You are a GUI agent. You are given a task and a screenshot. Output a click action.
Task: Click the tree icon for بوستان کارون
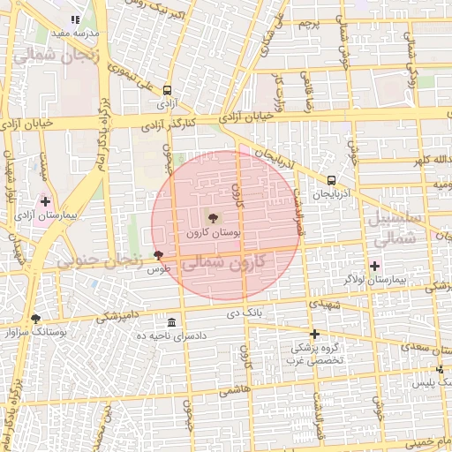[x=212, y=217]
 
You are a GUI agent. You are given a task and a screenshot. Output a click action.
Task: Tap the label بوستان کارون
[x=211, y=233]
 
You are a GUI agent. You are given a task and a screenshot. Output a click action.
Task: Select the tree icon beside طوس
[x=158, y=255]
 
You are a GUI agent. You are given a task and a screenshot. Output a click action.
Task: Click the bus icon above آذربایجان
[x=331, y=180]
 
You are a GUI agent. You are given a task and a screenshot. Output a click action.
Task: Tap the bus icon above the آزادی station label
[x=168, y=89]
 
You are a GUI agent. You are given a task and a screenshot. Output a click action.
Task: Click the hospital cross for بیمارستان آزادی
[x=45, y=202]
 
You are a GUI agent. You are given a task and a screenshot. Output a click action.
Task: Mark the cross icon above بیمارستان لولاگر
[x=374, y=265]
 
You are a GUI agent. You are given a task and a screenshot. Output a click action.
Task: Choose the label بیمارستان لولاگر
[x=374, y=279]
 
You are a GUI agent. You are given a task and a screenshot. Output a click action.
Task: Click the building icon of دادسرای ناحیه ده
[x=171, y=322]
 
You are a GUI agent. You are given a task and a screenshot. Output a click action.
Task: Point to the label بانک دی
[x=246, y=313]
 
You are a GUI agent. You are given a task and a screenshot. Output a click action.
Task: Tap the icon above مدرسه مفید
[x=75, y=19]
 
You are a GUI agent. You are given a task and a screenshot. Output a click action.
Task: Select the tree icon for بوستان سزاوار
[x=35, y=319]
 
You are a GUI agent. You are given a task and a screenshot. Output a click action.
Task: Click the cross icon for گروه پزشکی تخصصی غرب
[x=314, y=334]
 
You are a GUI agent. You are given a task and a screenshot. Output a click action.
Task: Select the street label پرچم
[x=307, y=21]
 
